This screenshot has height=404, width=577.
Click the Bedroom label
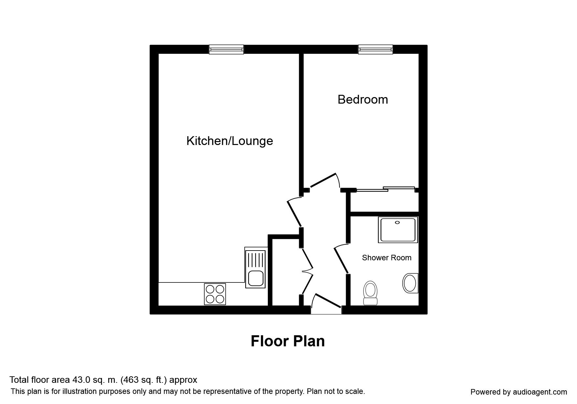tap(363, 99)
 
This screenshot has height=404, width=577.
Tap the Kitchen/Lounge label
tap(229, 141)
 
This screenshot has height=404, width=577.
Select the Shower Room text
tap(386, 258)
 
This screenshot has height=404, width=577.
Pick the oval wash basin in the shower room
tap(410, 283)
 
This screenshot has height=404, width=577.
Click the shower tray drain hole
tap(397, 223)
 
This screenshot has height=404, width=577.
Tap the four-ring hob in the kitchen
tap(215, 294)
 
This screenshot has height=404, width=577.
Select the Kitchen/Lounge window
tap(226, 50)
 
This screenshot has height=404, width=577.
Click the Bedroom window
tap(375, 50)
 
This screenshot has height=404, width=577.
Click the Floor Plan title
tap(288, 341)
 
